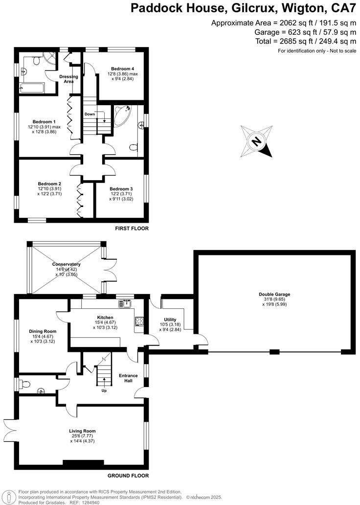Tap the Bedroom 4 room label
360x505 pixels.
(122, 69)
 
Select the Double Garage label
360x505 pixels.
(274, 295)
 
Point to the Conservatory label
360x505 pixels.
(67, 265)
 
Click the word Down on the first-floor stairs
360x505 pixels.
(90, 114)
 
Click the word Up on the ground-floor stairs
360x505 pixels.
(104, 390)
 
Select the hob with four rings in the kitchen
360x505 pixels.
(138, 321)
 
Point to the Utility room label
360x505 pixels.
(170, 320)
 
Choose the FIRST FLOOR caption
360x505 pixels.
(132, 229)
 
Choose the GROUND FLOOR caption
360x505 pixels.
(128, 475)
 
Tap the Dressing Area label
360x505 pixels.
(69, 79)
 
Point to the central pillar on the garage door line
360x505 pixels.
(274, 352)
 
